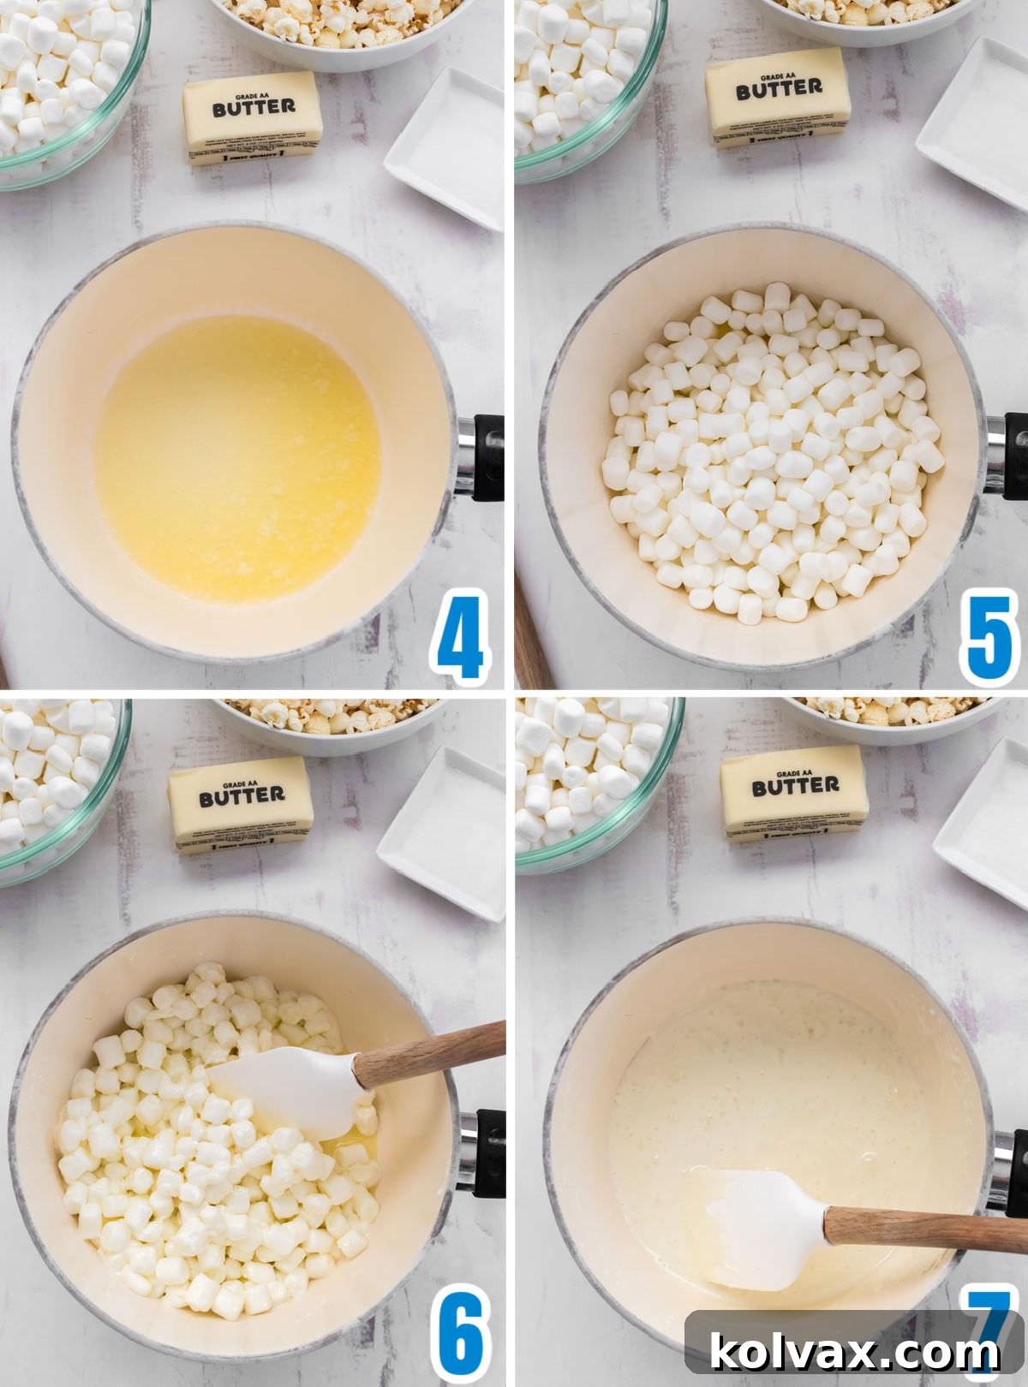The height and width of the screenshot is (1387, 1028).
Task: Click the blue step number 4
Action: [460, 635]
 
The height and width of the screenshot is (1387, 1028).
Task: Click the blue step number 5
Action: [989, 635]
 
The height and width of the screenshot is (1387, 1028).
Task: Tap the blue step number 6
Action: [462, 1334]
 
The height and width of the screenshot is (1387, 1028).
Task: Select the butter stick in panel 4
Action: [254, 117]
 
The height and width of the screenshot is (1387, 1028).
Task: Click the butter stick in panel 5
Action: [779, 97]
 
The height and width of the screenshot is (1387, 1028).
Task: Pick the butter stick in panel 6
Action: [241, 805]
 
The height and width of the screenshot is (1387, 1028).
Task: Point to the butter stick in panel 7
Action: [794, 793]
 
